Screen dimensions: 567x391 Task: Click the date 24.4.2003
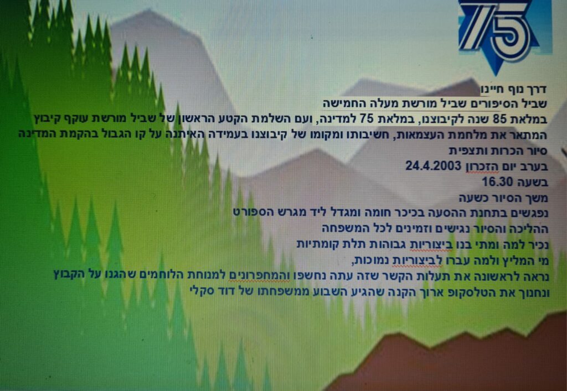click(x=433, y=166)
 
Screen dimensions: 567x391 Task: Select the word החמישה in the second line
click(x=339, y=103)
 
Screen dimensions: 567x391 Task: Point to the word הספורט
click(x=249, y=213)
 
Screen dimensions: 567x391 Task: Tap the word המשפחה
click(x=338, y=228)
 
